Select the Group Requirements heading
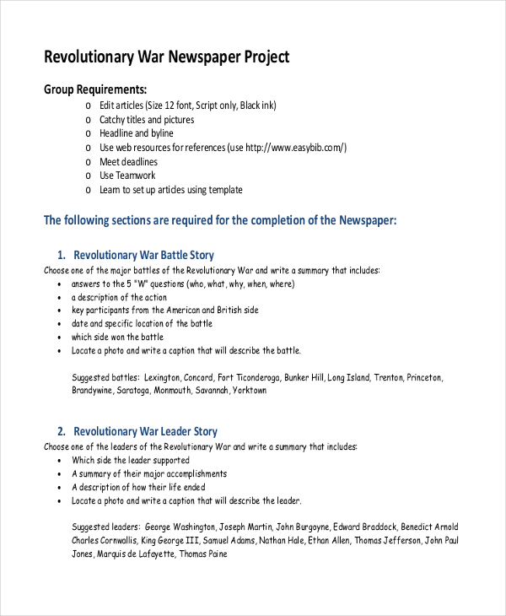tap(95, 89)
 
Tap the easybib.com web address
tap(295, 148)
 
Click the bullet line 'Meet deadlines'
tap(128, 162)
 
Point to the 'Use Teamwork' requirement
tap(127, 176)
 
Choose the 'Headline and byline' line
tap(136, 133)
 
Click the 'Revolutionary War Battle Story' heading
tap(143, 255)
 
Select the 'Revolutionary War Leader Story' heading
tap(145, 431)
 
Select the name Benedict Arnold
tap(432, 524)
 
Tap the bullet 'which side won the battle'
tap(117, 337)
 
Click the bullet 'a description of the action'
tap(119, 297)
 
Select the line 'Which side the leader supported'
tap(130, 461)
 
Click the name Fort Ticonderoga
tap(248, 377)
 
